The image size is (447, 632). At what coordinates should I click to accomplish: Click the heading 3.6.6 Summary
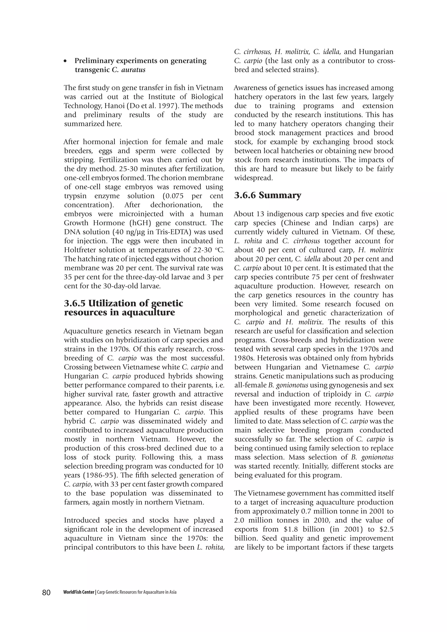(268, 196)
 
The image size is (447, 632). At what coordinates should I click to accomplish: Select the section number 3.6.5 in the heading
(75, 303)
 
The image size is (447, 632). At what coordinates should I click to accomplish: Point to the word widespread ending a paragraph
(253, 178)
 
